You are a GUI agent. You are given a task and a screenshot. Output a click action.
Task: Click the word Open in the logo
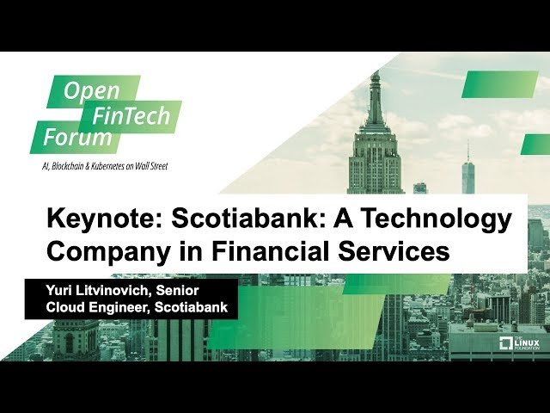pos(92,91)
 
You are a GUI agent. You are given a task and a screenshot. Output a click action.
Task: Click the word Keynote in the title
pos(105,219)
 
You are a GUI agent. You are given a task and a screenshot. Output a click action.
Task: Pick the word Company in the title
pos(108,252)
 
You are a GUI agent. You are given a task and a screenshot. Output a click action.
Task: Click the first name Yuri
pos(58,291)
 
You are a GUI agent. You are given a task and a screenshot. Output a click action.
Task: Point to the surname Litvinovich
pos(111,290)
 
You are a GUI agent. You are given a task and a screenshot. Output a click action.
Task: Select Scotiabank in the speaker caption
pos(191,307)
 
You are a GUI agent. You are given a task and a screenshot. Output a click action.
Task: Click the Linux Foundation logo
pos(519,343)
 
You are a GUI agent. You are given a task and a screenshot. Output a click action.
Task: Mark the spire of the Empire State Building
pos(376,95)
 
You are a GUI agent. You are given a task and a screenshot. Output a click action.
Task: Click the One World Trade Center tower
pos(467,169)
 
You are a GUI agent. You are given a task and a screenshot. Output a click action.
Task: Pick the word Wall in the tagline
pos(144,166)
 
